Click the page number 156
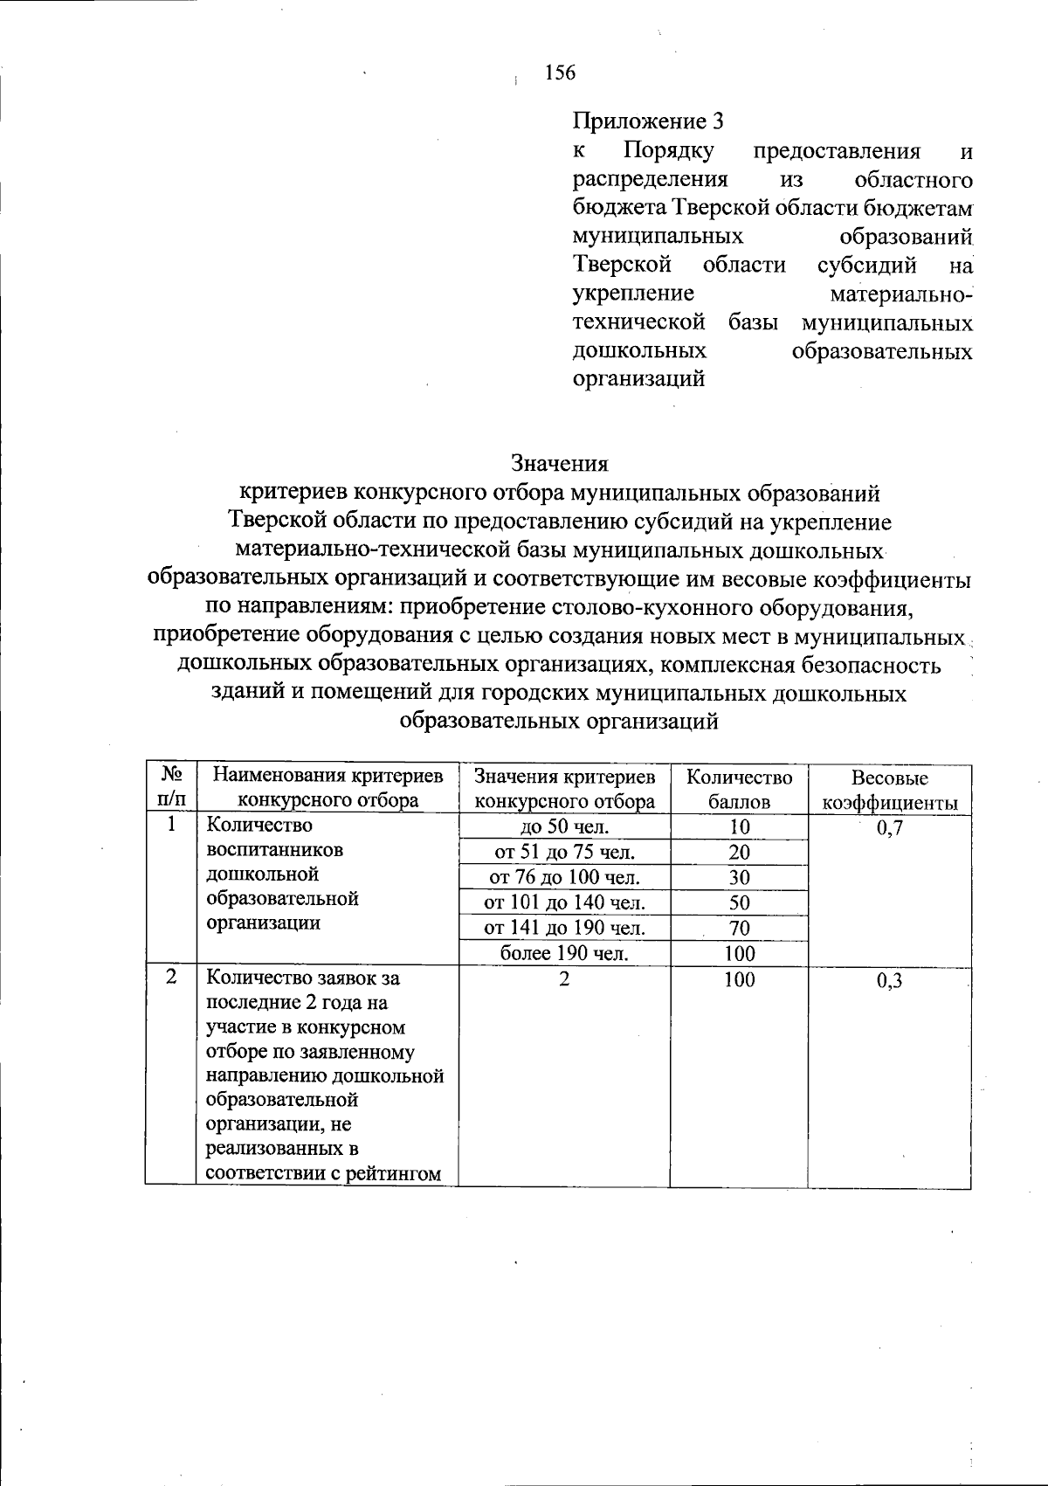[560, 73]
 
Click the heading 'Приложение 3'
[648, 121]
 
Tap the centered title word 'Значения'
[559, 462]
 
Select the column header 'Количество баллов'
[739, 789]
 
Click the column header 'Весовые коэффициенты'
[889, 790]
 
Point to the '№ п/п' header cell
[172, 787]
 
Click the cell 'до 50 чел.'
[564, 827]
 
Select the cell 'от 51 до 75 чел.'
[564, 853]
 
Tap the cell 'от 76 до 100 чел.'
[564, 877]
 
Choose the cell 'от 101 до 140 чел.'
[564, 902]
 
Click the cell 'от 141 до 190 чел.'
[564, 928]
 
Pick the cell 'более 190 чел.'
[564, 953]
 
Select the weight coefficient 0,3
[889, 981]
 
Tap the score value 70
[739, 928]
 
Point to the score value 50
[739, 902]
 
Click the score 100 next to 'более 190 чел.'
[739, 953]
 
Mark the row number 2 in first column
[172, 978]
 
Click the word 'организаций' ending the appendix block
[638, 380]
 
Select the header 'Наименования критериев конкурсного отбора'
[328, 788]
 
